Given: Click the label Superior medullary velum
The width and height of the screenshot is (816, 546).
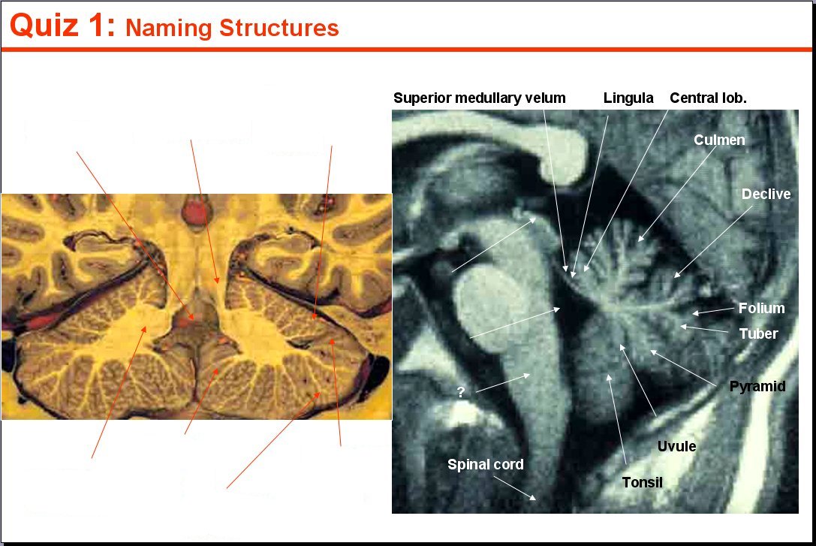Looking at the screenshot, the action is tap(479, 98).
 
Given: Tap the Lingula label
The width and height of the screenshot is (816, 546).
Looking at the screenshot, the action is tap(628, 98).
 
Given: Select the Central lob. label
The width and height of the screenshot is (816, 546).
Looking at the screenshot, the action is tap(708, 98).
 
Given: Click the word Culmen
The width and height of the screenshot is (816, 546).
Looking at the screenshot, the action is tap(719, 140).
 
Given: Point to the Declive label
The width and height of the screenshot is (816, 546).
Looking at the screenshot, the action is tap(766, 194).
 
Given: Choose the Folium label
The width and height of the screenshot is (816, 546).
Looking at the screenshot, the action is tap(761, 308).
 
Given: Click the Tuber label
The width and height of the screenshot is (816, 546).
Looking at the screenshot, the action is tap(758, 333).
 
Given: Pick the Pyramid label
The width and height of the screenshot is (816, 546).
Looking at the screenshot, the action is tap(757, 386).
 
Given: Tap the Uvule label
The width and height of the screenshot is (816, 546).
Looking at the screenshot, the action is tap(676, 446).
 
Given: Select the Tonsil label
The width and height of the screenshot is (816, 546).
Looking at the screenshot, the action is tap(642, 482).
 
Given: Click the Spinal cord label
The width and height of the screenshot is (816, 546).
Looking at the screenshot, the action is tap(486, 464).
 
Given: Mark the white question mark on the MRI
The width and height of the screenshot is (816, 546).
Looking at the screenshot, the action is tap(461, 392).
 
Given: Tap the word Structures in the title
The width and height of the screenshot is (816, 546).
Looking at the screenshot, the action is tap(279, 28).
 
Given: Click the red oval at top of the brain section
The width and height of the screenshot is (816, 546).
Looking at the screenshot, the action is tap(195, 213).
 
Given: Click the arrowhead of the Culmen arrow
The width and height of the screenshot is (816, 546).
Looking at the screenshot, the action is tap(640, 239).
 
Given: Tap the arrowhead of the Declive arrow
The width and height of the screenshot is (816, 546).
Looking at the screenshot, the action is tap(676, 275).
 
